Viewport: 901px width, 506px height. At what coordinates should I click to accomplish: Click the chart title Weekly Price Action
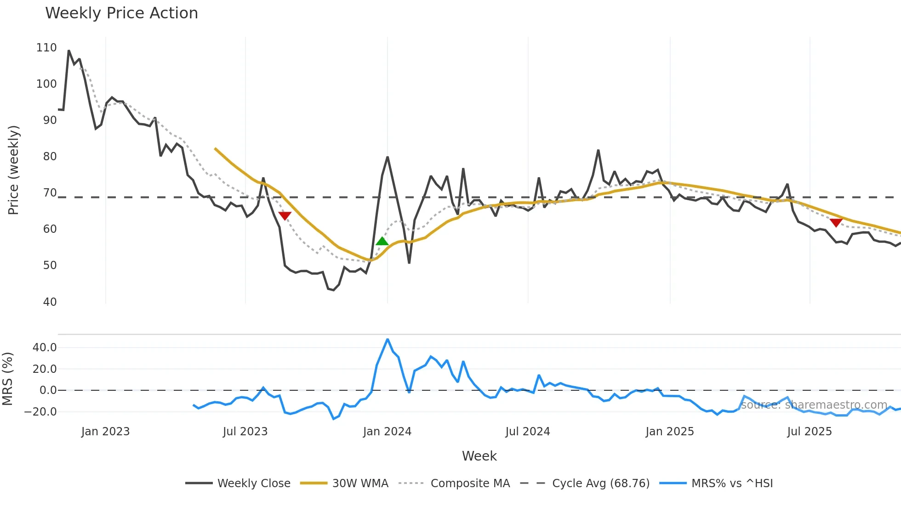point(121,13)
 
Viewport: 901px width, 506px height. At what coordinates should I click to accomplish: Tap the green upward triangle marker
point(382,242)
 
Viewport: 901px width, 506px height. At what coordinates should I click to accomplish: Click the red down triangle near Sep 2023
point(285,216)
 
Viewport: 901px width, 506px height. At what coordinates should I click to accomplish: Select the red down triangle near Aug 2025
point(836,223)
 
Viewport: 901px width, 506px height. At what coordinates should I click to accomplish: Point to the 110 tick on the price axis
point(46,48)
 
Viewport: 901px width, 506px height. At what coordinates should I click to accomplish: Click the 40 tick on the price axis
point(50,302)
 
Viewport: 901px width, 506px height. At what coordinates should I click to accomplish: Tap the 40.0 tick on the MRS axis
point(45,348)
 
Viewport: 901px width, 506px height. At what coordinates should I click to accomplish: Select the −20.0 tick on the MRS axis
point(40,412)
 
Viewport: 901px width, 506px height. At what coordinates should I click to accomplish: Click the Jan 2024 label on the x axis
point(387,432)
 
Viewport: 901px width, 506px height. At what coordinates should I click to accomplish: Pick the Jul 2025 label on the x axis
point(809,432)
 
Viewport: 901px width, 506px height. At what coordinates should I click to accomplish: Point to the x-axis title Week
point(479,456)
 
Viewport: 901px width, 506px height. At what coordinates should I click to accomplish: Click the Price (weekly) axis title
point(13,170)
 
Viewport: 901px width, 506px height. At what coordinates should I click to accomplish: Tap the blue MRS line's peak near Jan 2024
point(388,339)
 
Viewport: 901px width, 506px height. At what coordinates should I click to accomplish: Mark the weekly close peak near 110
point(68,51)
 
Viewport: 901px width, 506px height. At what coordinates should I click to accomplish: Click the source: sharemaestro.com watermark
point(814,405)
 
